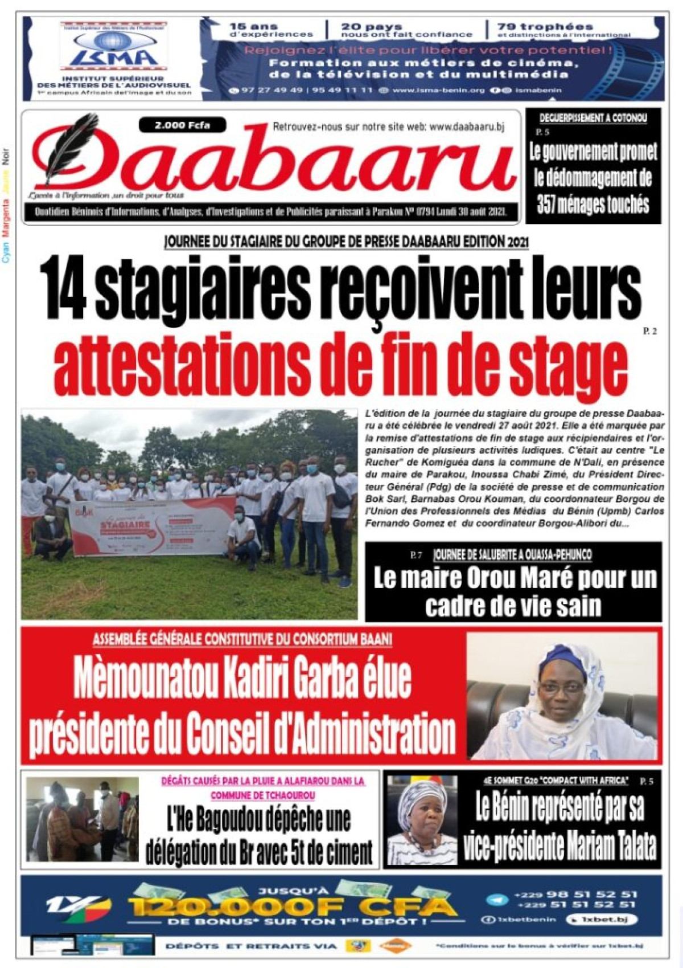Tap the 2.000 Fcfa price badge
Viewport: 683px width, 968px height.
click(x=182, y=125)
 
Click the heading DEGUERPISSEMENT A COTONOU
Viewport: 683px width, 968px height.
click(x=593, y=119)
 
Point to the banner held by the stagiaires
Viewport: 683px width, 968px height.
click(x=153, y=525)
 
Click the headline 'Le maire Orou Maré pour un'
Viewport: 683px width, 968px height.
click(x=514, y=578)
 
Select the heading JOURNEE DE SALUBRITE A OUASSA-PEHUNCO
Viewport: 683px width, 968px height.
click(x=512, y=554)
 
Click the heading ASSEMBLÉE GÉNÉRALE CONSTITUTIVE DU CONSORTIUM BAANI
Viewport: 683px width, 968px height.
click(x=242, y=640)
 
